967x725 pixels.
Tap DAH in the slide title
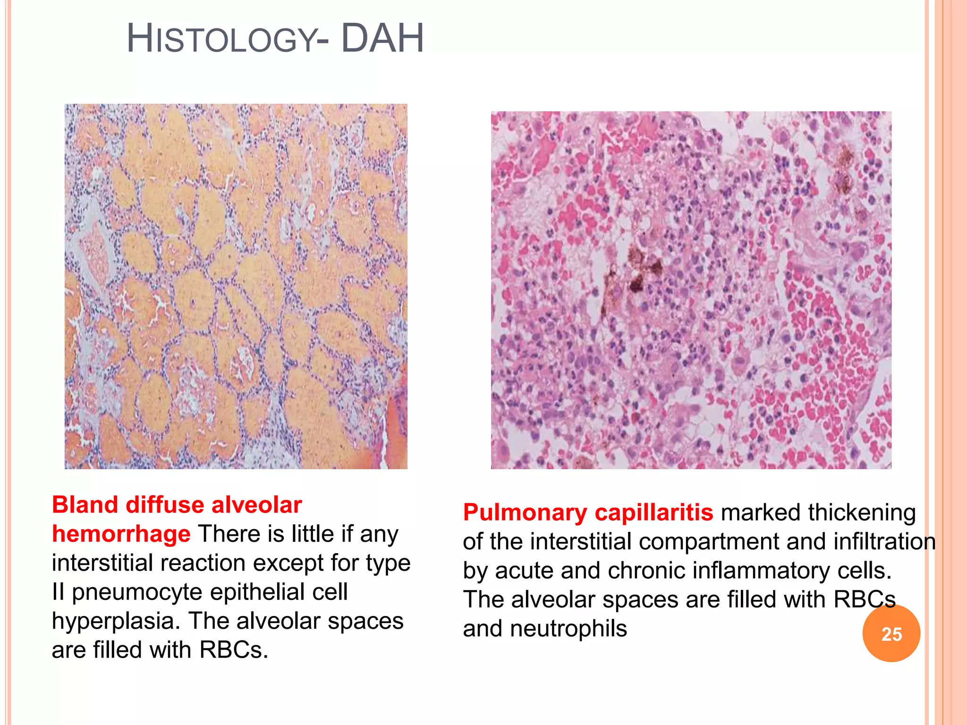(382, 39)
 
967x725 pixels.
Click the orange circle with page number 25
(891, 634)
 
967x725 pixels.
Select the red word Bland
(85, 505)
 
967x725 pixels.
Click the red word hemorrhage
(121, 534)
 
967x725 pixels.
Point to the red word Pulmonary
(525, 513)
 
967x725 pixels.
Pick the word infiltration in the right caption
(884, 541)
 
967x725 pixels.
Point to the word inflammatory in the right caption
(768, 571)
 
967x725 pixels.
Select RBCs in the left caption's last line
(233, 650)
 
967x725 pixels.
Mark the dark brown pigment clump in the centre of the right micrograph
(637, 271)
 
